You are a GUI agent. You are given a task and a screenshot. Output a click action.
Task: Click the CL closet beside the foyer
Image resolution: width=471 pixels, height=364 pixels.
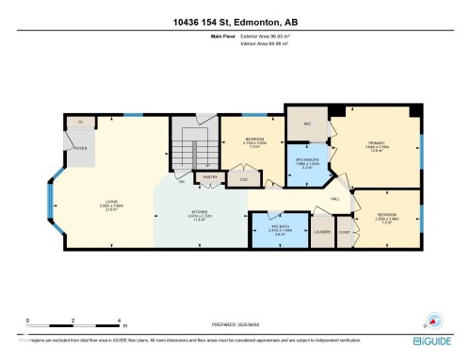(x=81, y=123)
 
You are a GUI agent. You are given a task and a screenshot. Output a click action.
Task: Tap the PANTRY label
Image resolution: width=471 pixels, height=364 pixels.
(x=209, y=176)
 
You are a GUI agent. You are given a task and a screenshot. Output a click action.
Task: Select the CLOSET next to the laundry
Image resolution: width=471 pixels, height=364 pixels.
(x=344, y=231)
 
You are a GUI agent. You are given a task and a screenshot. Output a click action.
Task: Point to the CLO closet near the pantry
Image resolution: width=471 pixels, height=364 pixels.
(x=244, y=177)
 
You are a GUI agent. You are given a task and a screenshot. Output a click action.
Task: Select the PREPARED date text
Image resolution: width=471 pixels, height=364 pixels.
(x=235, y=325)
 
